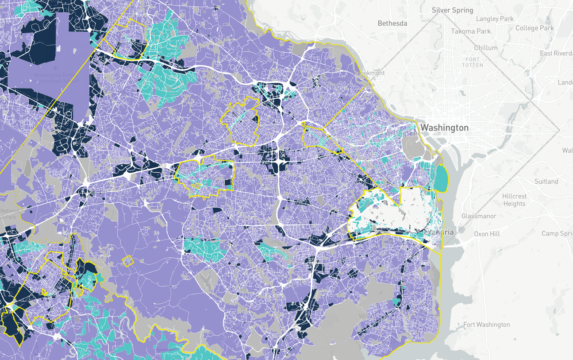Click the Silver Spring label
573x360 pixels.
click(x=452, y=10)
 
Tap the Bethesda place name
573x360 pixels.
click(x=392, y=23)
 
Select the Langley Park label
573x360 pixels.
click(x=495, y=19)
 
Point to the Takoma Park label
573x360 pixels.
click(x=471, y=31)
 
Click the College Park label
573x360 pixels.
click(x=535, y=28)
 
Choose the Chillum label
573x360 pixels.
click(x=485, y=48)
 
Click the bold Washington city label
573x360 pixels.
click(x=444, y=128)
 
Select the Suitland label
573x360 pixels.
click(x=546, y=182)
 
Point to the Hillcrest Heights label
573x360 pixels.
click(x=514, y=200)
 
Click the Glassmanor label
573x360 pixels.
click(x=479, y=216)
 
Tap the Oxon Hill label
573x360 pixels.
click(x=487, y=233)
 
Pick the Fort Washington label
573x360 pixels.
click(x=486, y=325)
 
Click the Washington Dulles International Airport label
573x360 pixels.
click(x=57, y=78)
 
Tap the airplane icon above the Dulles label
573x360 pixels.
click(x=54, y=68)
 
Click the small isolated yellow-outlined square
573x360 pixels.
click(x=128, y=261)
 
